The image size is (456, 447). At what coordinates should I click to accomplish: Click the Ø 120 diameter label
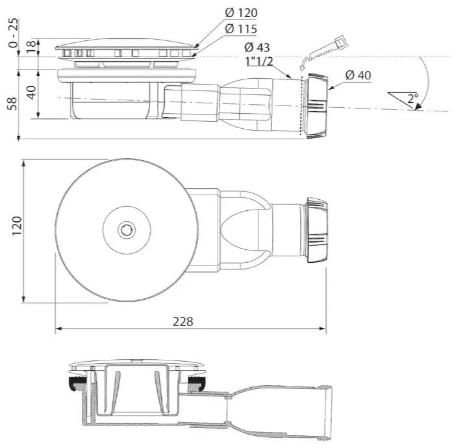point(241,13)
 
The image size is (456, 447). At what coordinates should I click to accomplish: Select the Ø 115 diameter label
point(241,29)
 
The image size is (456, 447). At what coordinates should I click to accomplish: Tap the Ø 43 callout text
point(257,47)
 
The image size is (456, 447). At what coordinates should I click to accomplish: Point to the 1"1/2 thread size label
point(260,61)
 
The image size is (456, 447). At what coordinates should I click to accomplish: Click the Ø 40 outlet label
point(359,75)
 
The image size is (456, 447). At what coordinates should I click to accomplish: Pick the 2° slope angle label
point(412,98)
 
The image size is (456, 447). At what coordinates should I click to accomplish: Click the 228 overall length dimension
point(183,321)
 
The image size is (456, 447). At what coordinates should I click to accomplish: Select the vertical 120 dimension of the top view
point(17,226)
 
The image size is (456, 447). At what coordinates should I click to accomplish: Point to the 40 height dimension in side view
point(32,92)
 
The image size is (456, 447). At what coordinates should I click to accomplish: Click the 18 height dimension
point(32,47)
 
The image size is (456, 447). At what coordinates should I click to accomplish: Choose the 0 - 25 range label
point(13,33)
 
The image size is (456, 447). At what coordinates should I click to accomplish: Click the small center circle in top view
point(127,230)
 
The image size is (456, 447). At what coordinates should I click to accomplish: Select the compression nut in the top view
point(316,230)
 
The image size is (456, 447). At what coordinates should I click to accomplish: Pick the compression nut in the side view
point(316,105)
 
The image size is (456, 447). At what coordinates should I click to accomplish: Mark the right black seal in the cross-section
point(197,382)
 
